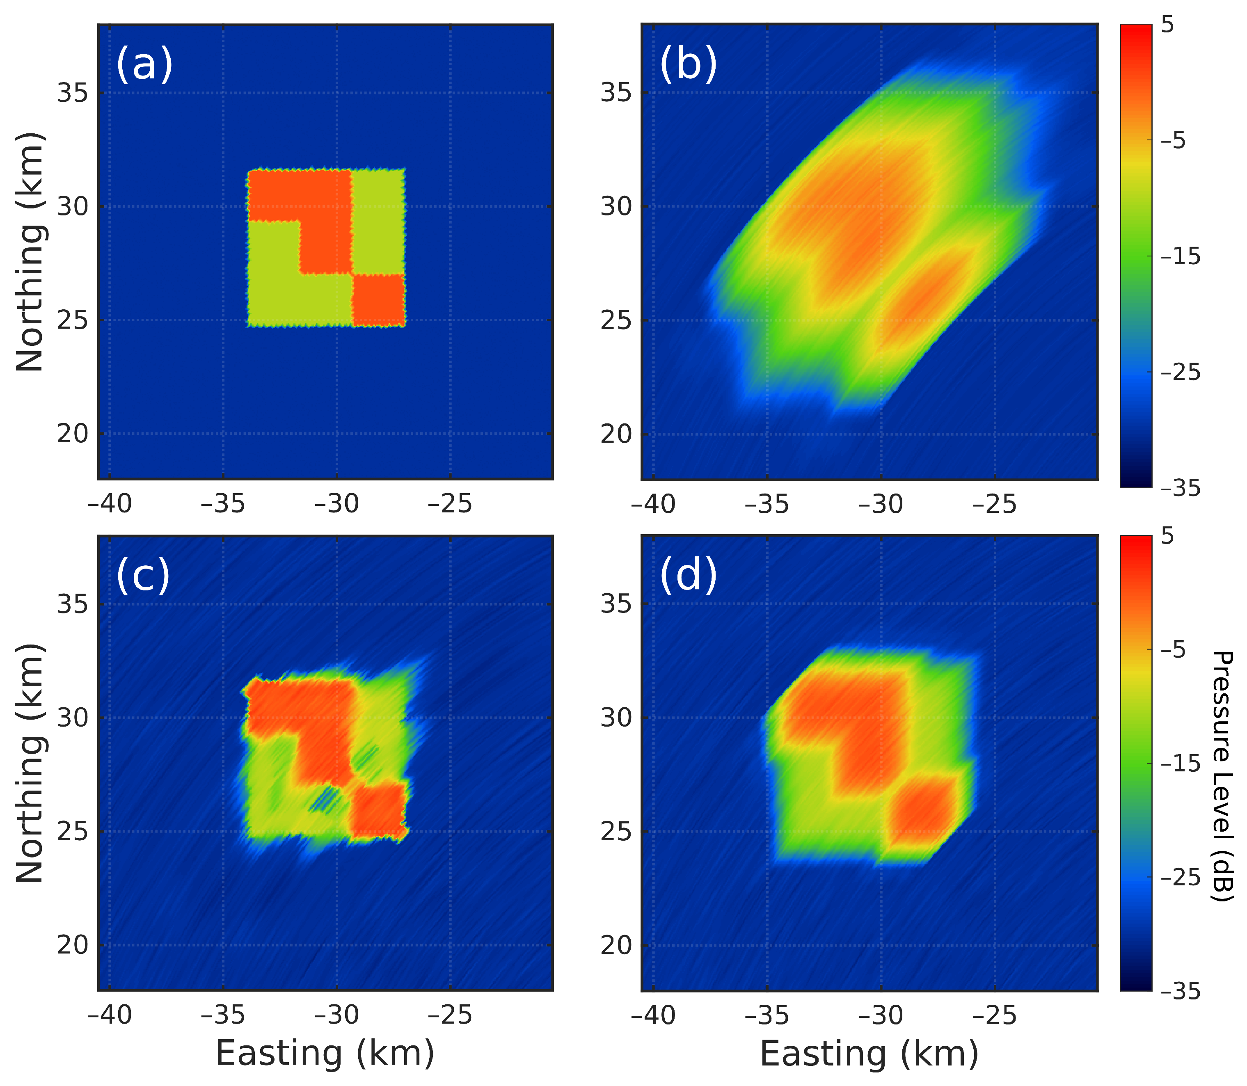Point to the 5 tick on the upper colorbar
(x=1167, y=25)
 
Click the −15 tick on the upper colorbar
(x=1180, y=257)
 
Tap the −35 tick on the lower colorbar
(x=1180, y=992)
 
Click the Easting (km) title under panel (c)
(x=325, y=1053)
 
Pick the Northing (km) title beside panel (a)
(x=30, y=251)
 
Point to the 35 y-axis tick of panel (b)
(x=616, y=93)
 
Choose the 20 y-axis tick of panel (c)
(x=72, y=945)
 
